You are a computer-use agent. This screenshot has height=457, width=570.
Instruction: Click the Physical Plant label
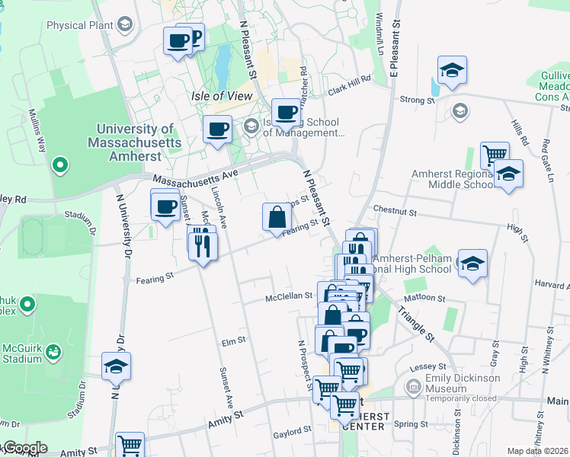click(77, 25)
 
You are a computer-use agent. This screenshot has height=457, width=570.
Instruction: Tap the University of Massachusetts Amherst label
click(134, 142)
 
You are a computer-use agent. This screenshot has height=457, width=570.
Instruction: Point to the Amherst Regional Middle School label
click(453, 179)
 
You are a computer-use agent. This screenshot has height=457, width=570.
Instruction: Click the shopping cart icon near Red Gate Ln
click(495, 155)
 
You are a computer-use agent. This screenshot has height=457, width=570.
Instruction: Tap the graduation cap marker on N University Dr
click(116, 366)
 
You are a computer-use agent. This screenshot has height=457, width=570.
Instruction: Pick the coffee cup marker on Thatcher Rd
click(286, 113)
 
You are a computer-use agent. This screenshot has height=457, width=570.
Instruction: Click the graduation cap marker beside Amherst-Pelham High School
click(472, 264)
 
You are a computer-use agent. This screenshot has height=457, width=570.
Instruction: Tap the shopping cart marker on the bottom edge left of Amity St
click(130, 445)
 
